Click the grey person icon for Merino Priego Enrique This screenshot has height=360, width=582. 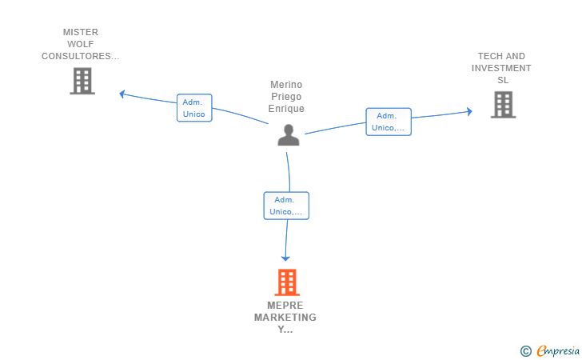point(288,135)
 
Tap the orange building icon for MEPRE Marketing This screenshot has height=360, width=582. point(287,282)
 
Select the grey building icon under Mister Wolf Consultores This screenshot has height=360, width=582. point(82,81)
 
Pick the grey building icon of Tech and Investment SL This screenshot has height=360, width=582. point(503,105)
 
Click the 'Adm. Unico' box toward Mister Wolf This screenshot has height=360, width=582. point(194,108)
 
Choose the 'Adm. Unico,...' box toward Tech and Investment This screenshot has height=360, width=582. point(389,122)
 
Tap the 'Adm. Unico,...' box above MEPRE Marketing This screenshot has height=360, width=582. point(286,206)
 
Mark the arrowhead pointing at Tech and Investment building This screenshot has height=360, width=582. point(469,112)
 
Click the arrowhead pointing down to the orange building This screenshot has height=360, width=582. point(285,258)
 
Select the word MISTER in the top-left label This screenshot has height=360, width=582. point(80,33)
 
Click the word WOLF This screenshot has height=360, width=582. point(80,45)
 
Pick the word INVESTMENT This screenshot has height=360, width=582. point(501,69)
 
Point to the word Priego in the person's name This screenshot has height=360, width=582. point(287,97)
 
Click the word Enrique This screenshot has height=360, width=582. point(287,109)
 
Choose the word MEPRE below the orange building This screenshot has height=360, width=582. point(285,306)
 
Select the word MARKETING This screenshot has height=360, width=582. point(285,318)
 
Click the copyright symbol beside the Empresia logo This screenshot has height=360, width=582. point(525,350)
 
